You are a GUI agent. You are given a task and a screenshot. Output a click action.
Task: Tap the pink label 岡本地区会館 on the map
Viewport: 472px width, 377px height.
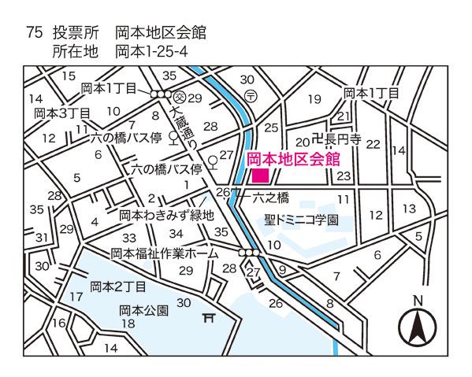(293, 159)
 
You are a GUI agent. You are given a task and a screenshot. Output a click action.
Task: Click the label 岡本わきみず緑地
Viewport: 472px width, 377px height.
(166, 214)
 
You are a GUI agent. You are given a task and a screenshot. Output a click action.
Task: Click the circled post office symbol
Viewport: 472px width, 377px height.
(249, 95)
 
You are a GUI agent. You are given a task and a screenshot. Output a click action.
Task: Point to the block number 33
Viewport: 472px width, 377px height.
(129, 238)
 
